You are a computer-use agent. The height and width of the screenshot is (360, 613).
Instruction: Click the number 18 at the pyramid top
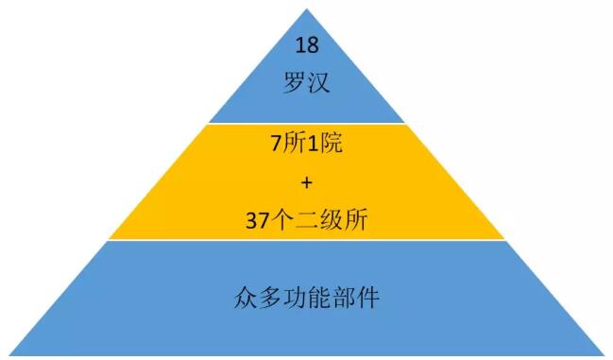point(307,45)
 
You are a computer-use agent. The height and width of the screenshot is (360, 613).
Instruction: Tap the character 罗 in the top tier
point(295,82)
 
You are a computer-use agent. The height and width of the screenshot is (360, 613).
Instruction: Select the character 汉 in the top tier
point(318,82)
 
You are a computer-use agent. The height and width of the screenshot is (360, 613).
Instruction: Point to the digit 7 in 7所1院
point(276,143)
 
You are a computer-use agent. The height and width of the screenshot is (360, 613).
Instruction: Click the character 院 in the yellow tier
point(332,143)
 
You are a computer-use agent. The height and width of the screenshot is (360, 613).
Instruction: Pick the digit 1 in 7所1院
point(314,143)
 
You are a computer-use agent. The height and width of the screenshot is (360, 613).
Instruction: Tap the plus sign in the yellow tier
point(307,182)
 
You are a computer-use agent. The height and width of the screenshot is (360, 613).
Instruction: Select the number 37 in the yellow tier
point(257,220)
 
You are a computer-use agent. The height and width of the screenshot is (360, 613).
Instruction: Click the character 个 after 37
point(281,219)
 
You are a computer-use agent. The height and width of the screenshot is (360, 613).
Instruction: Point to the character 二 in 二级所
point(306,219)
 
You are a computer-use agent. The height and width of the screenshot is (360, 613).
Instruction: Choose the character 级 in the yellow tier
point(332,219)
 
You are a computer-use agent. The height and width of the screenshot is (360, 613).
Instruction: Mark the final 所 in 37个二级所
point(356,219)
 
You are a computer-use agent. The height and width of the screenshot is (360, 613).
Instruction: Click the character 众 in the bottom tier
point(247,298)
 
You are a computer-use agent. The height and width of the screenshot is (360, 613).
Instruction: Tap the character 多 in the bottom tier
point(270,298)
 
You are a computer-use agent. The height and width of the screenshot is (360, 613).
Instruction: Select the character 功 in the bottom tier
point(295,298)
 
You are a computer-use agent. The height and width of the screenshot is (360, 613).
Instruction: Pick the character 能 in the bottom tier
point(319,298)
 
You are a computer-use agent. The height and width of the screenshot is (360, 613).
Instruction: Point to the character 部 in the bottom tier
point(343,298)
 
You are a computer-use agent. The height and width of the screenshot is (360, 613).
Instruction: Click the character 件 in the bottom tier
point(367,298)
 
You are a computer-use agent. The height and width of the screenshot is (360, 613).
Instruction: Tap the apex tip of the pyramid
point(307,9)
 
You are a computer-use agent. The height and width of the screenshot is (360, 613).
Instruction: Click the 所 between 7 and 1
point(295,143)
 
